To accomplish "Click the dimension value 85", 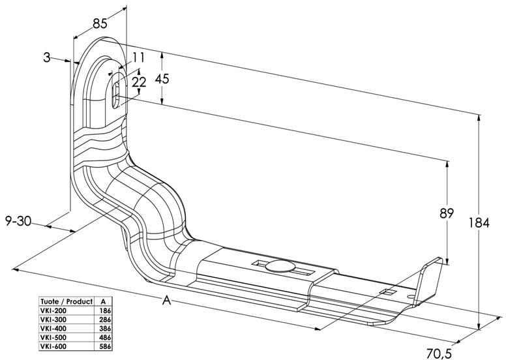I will coord(100,24).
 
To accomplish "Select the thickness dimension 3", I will coord(46,57).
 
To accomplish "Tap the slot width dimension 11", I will coord(138,58).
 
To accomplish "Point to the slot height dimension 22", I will coord(139,82).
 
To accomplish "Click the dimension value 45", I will coord(162,79).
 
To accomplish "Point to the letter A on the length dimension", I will coord(167,301).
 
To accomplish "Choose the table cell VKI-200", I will coord(53,311).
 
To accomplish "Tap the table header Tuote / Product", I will coord(66,302).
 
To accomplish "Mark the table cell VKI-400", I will coord(53,328).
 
